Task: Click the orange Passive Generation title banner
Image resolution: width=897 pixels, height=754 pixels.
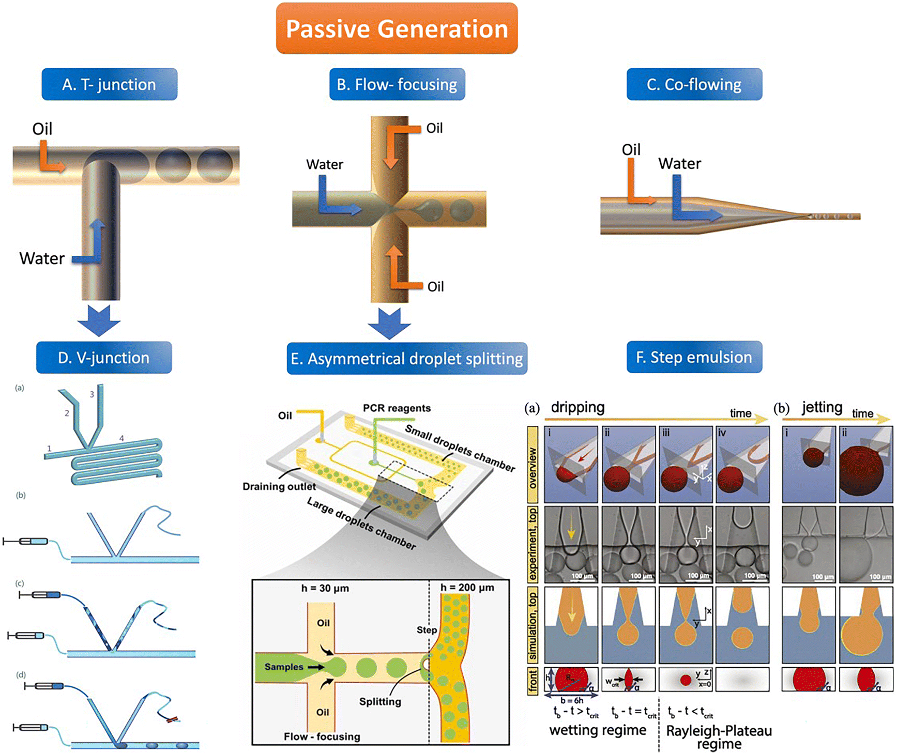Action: tap(397, 28)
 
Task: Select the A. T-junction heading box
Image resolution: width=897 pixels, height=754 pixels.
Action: tap(109, 84)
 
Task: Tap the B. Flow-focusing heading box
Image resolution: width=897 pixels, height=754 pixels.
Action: tap(397, 84)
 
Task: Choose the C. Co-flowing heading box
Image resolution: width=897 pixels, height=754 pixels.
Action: tap(694, 84)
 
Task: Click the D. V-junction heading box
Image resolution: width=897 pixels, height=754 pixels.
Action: tap(103, 358)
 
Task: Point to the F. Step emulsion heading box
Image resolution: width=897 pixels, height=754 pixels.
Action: tap(694, 357)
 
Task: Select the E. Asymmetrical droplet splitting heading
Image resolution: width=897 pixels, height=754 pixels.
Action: tap(407, 359)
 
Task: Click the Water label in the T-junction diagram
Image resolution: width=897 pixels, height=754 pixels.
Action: tap(42, 258)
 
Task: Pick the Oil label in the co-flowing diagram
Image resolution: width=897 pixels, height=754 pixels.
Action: tap(631, 150)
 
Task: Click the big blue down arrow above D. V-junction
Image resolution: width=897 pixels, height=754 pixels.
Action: tap(99, 320)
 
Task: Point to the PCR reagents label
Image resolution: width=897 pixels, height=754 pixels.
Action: tap(397, 408)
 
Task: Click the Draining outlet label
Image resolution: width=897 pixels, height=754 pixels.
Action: tap(279, 486)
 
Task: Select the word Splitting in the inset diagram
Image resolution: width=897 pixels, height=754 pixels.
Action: tap(380, 701)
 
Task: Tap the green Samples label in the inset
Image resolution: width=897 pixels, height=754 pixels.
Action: tap(284, 667)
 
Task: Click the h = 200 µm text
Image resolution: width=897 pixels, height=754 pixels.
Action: tap(467, 588)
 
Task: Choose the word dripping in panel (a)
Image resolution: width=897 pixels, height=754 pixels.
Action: tap(577, 407)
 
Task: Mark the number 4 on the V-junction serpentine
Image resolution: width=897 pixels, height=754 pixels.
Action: tap(121, 438)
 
